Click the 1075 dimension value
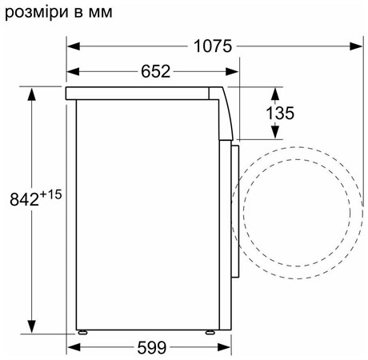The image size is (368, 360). tap(213, 46)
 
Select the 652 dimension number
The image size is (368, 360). tap(155, 71)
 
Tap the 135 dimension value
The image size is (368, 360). tap(280, 113)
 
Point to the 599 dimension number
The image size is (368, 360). tap(151, 347)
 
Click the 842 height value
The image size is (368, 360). tap(24, 199)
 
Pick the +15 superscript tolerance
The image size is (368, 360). tap(50, 194)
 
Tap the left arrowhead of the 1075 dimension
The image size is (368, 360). tap(74, 46)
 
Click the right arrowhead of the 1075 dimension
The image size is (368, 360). tap(356, 46)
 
